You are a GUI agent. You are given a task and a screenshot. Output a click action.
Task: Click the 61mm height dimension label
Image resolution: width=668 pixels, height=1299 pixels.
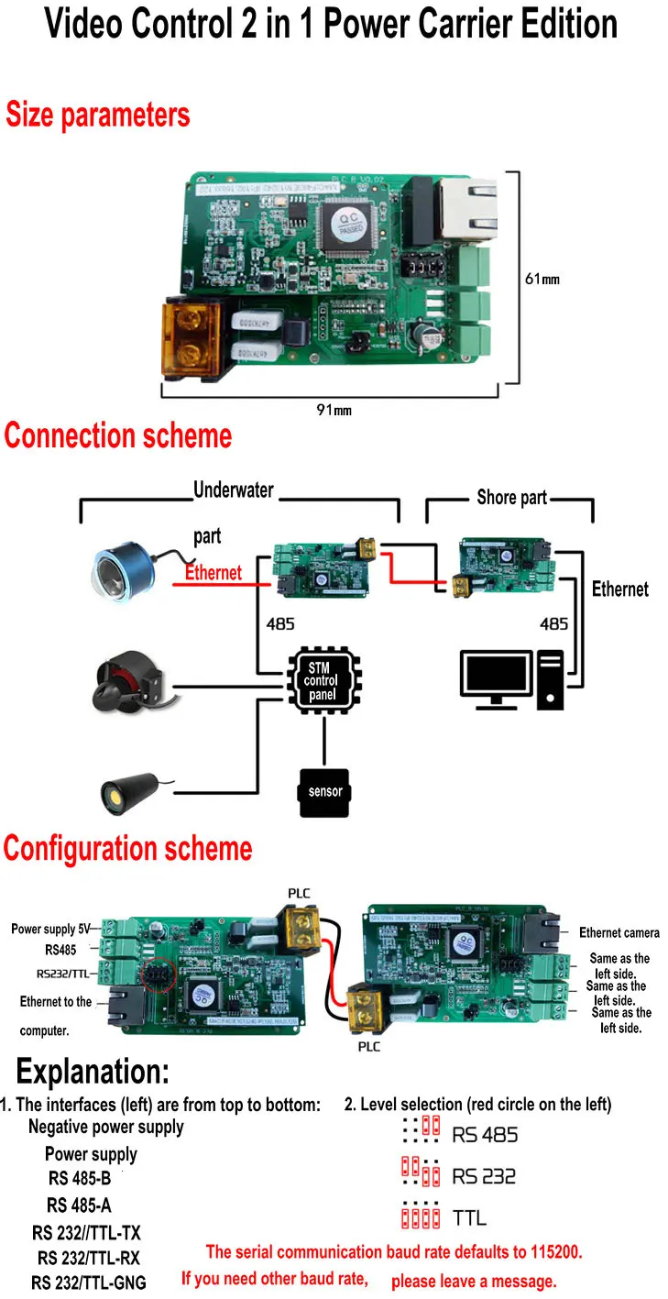pos(542,279)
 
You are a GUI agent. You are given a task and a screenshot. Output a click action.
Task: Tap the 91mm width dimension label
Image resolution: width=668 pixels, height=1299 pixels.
pos(334,410)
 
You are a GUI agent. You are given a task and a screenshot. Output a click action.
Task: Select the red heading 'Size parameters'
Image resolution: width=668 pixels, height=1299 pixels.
pos(98,116)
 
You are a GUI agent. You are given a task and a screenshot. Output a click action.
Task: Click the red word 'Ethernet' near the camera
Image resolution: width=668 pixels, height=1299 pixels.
pos(214,573)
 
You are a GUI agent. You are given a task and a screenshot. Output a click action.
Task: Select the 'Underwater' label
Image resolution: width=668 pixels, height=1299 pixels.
pos(233,490)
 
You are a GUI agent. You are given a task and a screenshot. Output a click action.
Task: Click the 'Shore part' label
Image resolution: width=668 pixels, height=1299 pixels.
pos(511,498)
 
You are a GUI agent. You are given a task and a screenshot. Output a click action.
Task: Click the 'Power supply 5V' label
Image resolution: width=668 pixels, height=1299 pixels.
pos(53,929)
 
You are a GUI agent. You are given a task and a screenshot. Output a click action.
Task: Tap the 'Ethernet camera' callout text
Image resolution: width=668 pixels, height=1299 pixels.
pos(619,932)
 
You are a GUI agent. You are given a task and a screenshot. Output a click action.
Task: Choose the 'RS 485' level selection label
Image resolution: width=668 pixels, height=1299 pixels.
pos(485,1135)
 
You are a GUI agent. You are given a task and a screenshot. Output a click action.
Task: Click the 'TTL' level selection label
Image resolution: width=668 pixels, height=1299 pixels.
pos(469,1218)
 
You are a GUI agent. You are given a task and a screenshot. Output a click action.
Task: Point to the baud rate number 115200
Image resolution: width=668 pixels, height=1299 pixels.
pos(548,1251)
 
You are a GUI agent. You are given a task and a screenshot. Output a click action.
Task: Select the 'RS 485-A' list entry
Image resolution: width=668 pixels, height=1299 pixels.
pos(79,1205)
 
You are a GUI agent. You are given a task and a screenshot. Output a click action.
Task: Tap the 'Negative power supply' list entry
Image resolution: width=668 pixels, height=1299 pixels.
pos(105,1127)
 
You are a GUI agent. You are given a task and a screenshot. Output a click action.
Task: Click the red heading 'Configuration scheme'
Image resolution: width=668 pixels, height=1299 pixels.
pos(127,849)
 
